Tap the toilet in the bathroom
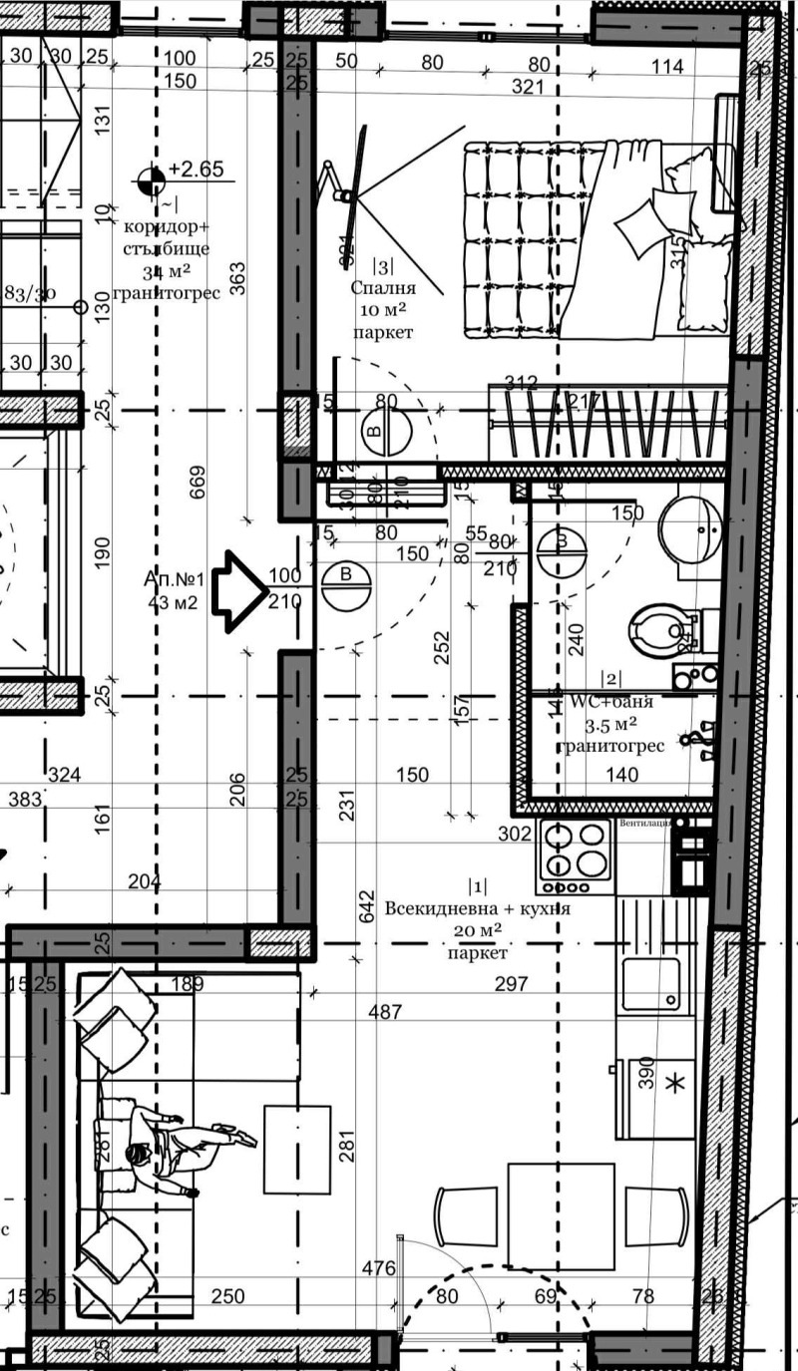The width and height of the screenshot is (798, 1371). pos(658,628)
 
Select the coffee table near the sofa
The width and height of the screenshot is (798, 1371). pos(297,1149)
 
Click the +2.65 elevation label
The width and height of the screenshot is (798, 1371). pos(196,169)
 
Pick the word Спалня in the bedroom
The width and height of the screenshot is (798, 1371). pos(382,288)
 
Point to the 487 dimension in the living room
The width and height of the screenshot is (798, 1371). pos(384,1012)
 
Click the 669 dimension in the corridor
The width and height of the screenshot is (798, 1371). pos(197,487)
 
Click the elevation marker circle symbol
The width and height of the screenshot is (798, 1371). pos(152,179)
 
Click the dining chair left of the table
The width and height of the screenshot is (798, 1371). pos(465,1215)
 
